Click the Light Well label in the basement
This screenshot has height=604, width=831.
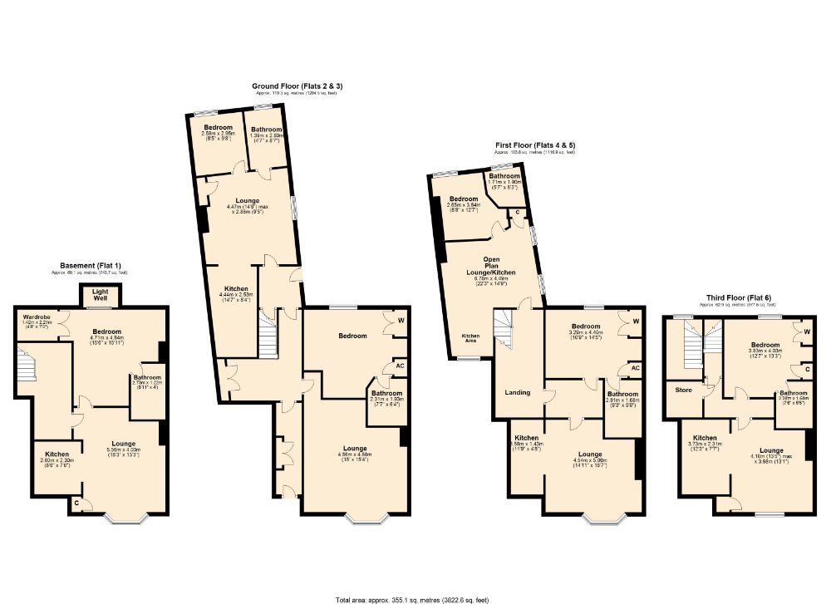point(101,294)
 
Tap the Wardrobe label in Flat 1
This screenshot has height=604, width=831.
point(35,317)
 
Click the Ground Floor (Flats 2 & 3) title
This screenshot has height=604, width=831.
point(295,86)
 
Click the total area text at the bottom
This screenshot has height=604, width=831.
point(411,597)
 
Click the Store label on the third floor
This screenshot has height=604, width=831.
point(683,389)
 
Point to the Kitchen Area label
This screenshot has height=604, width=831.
point(470,337)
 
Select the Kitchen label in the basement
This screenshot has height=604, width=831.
point(57,454)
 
